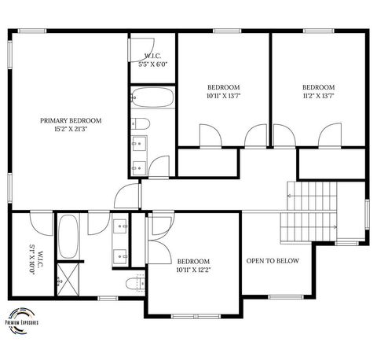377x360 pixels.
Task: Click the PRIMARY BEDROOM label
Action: coord(71,120)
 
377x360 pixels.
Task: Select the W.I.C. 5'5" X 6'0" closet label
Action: coord(152,60)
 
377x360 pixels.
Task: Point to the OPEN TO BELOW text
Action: coord(272,261)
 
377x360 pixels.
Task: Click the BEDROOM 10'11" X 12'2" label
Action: coord(192,266)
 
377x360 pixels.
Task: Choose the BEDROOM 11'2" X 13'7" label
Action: coord(318,91)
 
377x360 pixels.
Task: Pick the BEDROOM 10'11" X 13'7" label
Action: coord(224,91)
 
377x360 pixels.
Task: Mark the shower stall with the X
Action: coord(68,280)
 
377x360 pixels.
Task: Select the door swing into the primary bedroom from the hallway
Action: coord(126,197)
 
